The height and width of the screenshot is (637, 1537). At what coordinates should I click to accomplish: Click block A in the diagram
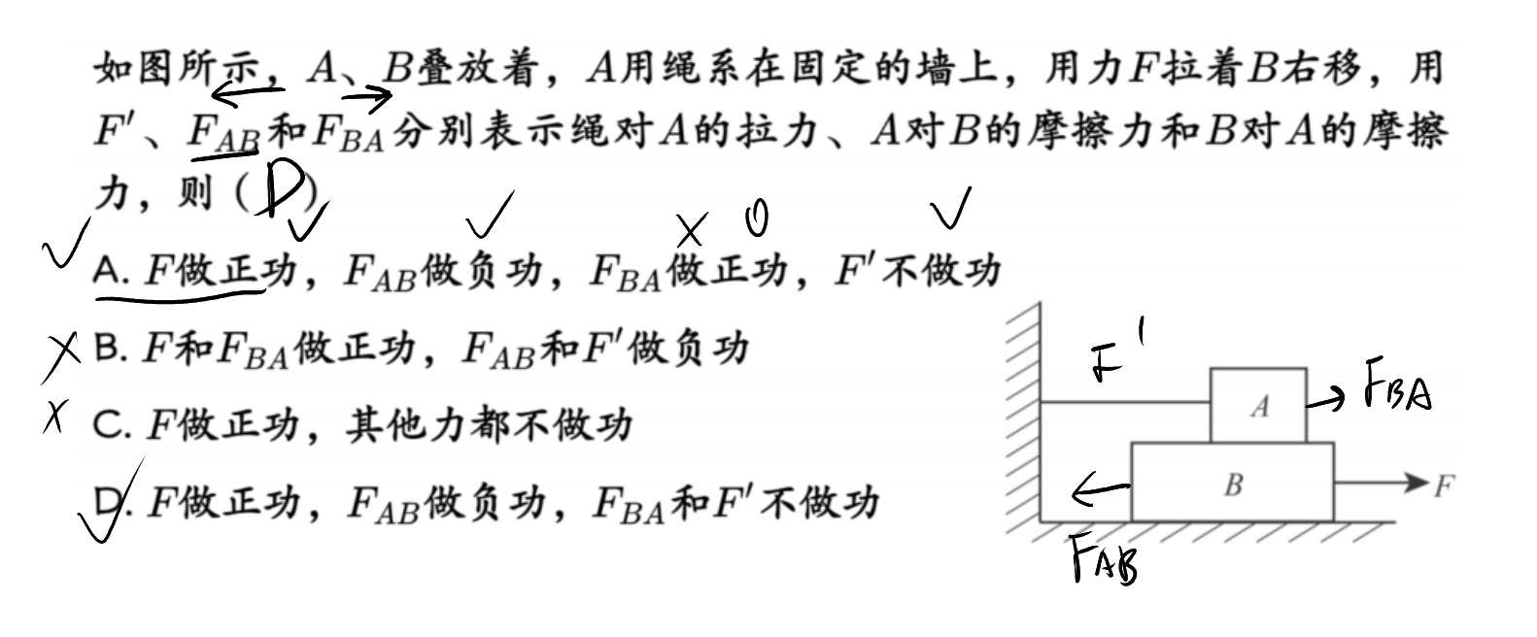[x=1258, y=405]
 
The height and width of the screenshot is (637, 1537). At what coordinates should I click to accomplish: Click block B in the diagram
[x=1232, y=482]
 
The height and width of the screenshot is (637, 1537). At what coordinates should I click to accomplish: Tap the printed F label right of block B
[x=1444, y=486]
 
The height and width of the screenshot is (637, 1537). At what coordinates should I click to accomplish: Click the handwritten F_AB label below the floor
[x=1105, y=559]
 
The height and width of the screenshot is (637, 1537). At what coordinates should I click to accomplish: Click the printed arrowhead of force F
[x=1417, y=482]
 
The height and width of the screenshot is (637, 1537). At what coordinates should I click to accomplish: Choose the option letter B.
[x=110, y=348]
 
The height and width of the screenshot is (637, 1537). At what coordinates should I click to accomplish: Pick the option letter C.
[x=111, y=425]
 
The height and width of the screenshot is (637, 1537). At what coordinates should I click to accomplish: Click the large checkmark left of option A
[x=67, y=243]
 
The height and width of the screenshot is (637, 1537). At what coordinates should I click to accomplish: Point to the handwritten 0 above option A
[x=757, y=218]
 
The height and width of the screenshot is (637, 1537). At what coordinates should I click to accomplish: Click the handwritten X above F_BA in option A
[x=691, y=230]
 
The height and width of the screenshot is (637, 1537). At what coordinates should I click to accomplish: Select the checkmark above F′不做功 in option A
[x=950, y=207]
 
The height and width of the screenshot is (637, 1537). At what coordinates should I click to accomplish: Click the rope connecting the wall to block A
[x=1125, y=403]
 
